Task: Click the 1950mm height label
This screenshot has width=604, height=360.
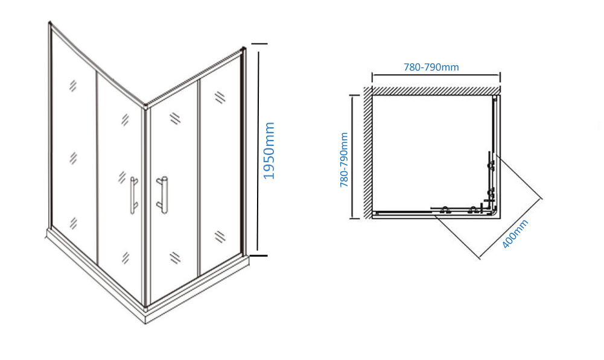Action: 269,151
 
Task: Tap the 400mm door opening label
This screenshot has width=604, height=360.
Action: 515,234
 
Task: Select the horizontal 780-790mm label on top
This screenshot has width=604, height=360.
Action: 431,67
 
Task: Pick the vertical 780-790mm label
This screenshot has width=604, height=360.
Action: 344,160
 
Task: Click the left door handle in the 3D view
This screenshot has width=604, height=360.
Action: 133,195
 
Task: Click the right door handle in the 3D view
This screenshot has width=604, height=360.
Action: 162,195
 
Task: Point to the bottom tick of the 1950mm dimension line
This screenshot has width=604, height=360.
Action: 258,255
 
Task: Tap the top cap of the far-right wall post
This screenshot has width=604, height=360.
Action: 243,49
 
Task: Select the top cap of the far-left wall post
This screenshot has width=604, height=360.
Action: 49,23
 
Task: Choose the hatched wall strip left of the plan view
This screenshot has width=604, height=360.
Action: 367,153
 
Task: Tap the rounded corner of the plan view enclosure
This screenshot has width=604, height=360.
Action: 494,212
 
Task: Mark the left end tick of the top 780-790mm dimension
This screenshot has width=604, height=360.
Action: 372,77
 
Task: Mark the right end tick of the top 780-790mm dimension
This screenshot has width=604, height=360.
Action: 500,77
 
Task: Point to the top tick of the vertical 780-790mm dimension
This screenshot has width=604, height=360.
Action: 354,95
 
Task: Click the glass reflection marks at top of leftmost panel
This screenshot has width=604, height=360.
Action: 73,86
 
